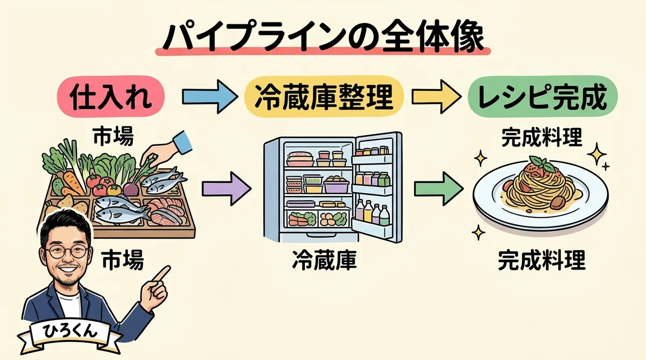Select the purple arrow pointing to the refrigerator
pos(226,189)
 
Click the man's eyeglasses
pos(65,251)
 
